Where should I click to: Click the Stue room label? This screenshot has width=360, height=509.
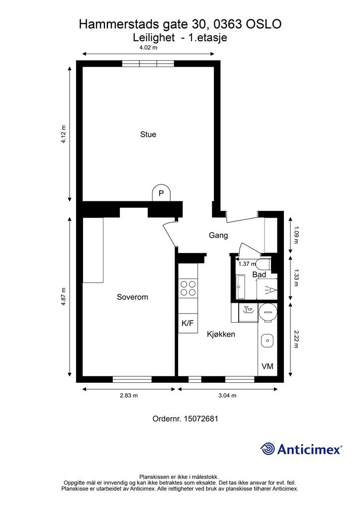click(148, 134)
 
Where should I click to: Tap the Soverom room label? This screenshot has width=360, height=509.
click(132, 297)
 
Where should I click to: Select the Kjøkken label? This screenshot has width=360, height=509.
click(221, 334)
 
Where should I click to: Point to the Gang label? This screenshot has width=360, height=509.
click(218, 235)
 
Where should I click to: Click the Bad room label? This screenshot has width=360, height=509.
click(260, 274)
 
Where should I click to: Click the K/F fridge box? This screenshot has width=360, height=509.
click(188, 323)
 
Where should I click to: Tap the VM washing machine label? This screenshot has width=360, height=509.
click(268, 366)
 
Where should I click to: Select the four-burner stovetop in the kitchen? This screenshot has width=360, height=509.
click(188, 288)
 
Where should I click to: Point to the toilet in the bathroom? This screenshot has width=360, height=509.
click(264, 264)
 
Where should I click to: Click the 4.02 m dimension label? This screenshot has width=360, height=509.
click(148, 47)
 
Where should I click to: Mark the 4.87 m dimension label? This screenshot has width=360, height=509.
click(63, 297)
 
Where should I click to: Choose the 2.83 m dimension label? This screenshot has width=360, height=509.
click(129, 395)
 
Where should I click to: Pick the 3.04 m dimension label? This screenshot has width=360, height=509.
click(227, 395)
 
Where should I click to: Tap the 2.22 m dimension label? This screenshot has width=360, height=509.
click(296, 339)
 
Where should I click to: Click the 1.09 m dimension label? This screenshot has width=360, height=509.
click(296, 236)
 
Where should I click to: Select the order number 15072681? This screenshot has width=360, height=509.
click(201, 419)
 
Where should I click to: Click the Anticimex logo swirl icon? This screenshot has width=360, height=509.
click(268, 449)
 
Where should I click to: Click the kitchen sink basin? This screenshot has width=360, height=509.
click(268, 341)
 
